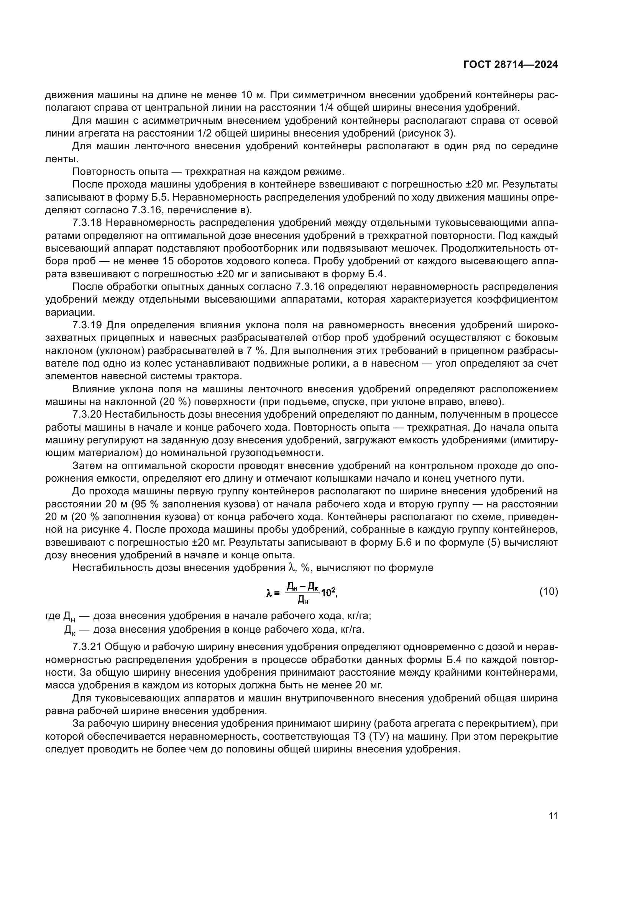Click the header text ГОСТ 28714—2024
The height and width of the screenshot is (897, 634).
(510, 65)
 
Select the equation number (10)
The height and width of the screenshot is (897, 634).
(549, 592)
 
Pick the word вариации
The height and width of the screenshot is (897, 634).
(69, 313)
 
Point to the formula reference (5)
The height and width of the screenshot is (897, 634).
(488, 543)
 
